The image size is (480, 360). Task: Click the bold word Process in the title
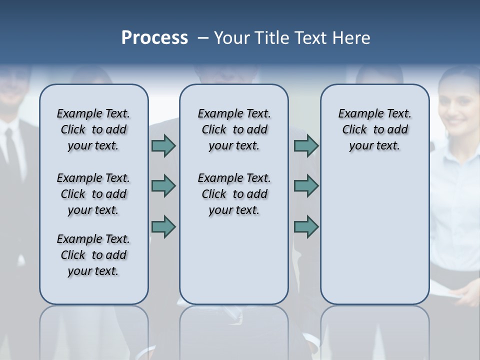154,38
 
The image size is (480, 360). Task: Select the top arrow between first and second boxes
163,146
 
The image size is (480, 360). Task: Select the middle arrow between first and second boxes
163,186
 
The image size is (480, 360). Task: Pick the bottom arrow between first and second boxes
163,227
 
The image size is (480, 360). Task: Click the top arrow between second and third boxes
306,146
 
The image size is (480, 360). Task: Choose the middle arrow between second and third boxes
306,186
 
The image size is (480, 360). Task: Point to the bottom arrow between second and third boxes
306,227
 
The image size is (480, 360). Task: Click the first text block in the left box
93,129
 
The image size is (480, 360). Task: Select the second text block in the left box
93,194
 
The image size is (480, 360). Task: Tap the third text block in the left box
93,255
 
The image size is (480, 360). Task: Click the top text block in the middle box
234,129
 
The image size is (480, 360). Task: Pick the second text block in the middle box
234,194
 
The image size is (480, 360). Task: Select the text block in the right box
374,129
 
